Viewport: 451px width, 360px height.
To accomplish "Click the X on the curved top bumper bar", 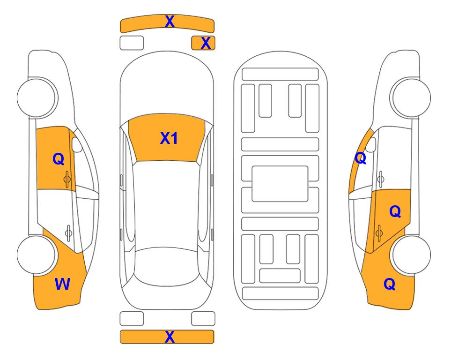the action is (x=170, y=22).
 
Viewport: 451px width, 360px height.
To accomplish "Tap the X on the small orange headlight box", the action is (x=206, y=43).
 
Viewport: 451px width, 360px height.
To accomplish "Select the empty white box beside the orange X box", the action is (x=132, y=43).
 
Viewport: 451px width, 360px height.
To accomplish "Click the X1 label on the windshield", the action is (x=169, y=138).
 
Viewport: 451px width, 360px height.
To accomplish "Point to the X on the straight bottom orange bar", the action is (x=170, y=337).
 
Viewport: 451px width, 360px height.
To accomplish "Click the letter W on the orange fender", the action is (x=62, y=284).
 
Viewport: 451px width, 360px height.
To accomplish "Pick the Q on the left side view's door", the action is (x=59, y=159).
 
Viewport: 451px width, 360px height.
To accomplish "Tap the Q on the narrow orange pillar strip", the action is (x=361, y=158).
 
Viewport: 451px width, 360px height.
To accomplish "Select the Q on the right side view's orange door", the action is (x=395, y=211).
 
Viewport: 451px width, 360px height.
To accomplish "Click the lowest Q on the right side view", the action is (x=390, y=284).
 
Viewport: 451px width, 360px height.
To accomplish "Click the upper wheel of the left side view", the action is (x=37, y=97).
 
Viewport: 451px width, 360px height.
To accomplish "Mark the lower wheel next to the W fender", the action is (x=37, y=255).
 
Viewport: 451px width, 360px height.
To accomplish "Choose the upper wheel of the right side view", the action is (x=411, y=97).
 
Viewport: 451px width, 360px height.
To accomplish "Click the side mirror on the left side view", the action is (x=77, y=144).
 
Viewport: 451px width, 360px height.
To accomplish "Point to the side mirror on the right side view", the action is (x=371, y=144).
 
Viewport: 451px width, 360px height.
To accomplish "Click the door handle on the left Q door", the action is (x=67, y=180).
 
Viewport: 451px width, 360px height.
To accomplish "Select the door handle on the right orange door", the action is (x=379, y=233).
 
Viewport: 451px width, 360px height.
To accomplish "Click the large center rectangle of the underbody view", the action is (x=280, y=184).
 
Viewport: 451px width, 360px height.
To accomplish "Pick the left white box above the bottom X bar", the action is (x=132, y=319).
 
